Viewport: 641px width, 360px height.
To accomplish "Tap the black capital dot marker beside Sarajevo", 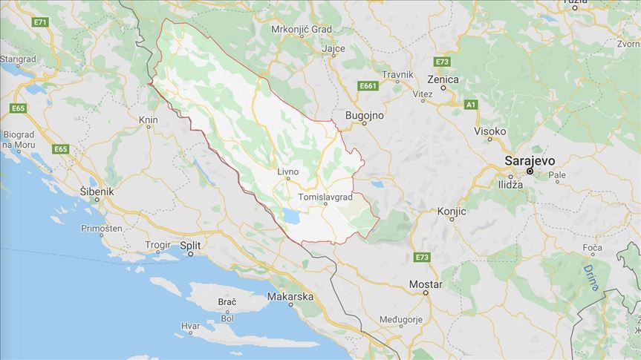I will coord(530,171).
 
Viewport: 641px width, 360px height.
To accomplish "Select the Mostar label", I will coord(426,284).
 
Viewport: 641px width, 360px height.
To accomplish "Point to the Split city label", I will coord(191,244).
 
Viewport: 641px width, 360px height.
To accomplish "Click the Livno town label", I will coord(287,171).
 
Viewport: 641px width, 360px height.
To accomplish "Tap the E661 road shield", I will coord(368,87).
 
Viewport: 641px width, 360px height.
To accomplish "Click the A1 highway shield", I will coord(470,105).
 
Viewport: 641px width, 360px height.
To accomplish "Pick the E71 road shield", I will coord(40,22).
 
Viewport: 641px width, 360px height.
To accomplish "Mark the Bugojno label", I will coord(365,116).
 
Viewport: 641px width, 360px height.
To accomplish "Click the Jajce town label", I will coord(334,49).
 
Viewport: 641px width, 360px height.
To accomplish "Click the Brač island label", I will coord(227,302).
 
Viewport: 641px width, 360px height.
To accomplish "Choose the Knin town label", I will coord(148,119).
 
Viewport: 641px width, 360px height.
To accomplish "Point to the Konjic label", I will coord(452,212).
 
